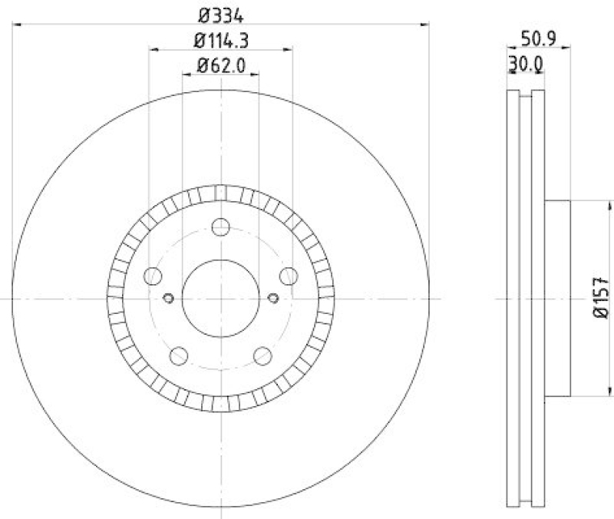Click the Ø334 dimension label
tap(220, 14)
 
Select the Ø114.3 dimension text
tap(220, 40)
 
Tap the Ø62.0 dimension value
tap(220, 65)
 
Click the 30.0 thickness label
tap(526, 67)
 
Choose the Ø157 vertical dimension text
tap(602, 298)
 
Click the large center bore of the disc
tap(220, 298)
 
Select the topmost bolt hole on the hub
tap(221, 227)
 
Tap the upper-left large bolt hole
tap(153, 276)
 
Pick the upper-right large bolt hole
tap(289, 276)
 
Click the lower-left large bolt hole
tap(179, 355)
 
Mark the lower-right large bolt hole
tap(262, 355)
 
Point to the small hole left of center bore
tap(170, 299)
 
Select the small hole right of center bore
tap(272, 299)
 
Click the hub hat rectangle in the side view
tap(558, 298)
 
